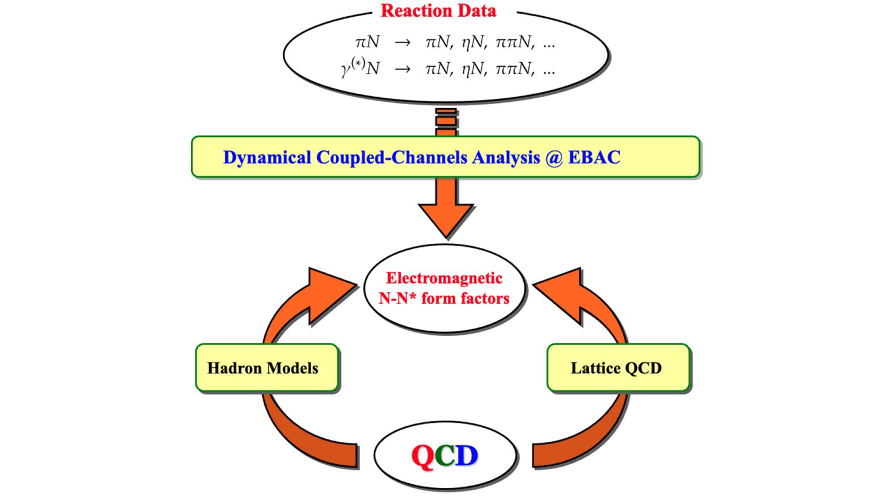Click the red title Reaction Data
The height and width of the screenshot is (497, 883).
(439, 11)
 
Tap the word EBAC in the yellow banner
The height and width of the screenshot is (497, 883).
(594, 157)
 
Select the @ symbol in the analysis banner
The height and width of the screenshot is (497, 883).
(554, 158)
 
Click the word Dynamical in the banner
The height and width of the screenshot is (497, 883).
(267, 158)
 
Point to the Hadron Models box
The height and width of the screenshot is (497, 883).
(267, 368)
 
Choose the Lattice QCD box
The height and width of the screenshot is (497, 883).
(618, 368)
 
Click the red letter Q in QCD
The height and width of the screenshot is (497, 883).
(423, 456)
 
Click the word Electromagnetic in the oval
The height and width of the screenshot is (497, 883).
(444, 278)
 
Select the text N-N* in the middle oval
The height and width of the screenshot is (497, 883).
(397, 298)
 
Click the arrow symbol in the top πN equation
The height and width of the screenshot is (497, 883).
(402, 42)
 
